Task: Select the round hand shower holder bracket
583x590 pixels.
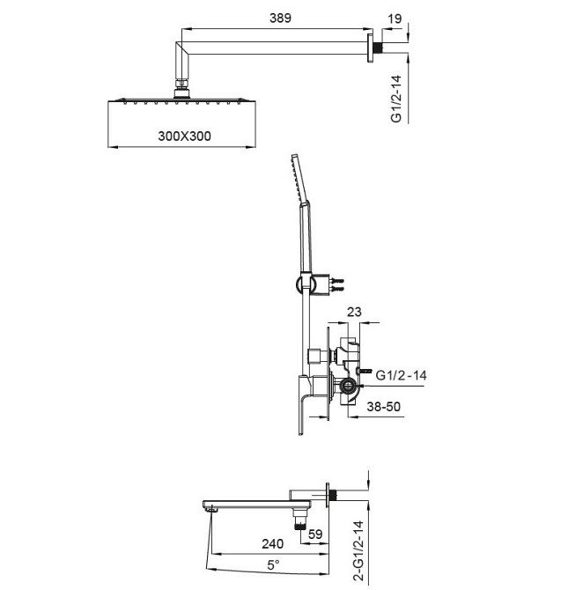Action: (299, 283)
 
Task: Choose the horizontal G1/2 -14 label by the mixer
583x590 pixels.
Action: (402, 376)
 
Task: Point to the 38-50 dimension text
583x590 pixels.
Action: (384, 409)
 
